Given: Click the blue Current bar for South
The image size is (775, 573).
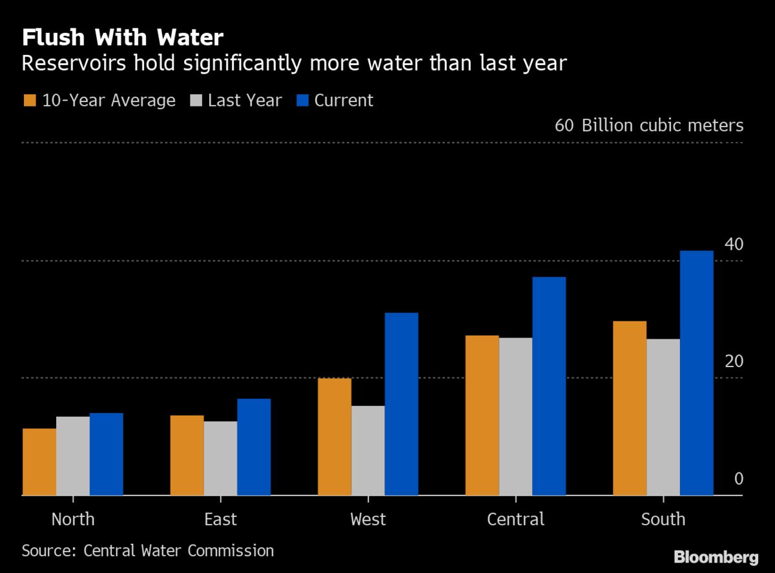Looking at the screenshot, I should point(696,373).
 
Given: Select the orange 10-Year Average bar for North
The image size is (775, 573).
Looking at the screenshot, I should point(39,462).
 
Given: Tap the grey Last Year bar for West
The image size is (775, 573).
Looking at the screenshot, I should point(368,450).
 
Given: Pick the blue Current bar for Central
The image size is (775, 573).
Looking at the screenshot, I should point(549,386).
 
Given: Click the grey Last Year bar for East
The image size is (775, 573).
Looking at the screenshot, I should point(220,458).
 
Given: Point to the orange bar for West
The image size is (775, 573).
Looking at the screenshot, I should point(335,437).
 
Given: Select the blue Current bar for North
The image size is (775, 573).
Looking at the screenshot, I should point(107,454).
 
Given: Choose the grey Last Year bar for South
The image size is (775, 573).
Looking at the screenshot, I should point(663,417).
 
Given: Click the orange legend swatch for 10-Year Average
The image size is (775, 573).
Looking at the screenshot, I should point(30,101).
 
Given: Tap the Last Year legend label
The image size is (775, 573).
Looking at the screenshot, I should point(245,101).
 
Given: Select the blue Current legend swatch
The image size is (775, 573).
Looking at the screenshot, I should point(302,101).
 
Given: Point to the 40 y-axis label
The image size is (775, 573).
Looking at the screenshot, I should point(734,245).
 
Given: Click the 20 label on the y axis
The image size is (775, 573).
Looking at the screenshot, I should point(734,362).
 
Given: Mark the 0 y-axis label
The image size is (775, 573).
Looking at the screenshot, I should point(739,479).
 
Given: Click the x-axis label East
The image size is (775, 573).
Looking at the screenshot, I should point(220,519).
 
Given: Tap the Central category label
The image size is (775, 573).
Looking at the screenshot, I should point(515,519).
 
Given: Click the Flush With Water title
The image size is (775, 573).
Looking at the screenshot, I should point(123,38).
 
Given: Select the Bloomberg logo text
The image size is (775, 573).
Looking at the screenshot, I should point(716,558).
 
